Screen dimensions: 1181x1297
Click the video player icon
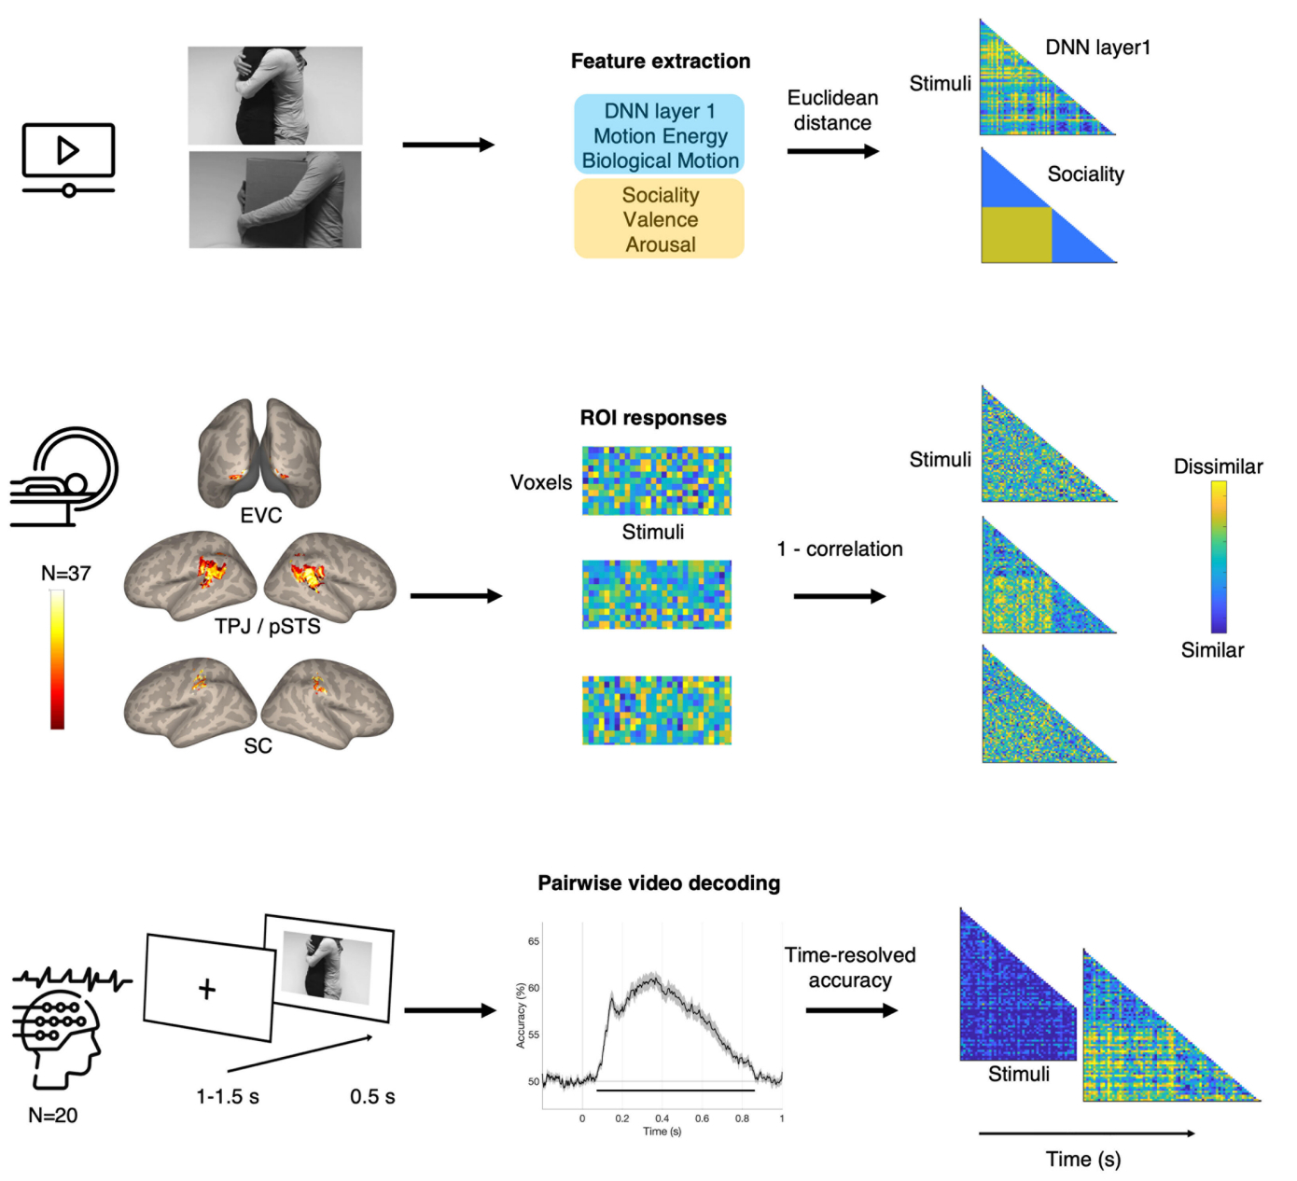68,158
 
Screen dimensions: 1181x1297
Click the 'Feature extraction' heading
661,62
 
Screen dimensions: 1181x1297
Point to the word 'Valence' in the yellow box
661,220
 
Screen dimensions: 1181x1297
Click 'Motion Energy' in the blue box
661,136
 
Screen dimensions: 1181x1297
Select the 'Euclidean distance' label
832,110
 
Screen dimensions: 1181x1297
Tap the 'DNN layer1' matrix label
1097,48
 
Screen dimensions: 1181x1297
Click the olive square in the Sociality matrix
1016,234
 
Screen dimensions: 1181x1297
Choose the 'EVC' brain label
261,516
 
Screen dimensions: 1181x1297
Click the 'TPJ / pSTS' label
268,627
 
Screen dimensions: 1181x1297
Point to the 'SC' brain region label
258,746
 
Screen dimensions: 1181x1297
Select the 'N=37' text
66,574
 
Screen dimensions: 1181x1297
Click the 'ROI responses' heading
653,418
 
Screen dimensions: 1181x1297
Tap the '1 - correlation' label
840,549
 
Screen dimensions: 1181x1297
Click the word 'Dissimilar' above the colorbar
1218,466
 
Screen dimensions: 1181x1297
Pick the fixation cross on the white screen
207,988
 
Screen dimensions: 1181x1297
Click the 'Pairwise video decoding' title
659,883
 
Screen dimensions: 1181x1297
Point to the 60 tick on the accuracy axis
534,988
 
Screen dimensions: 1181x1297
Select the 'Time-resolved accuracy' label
850,967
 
